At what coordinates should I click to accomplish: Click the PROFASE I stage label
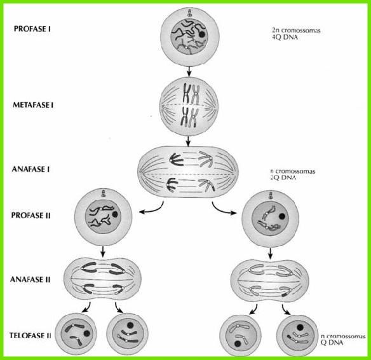pos(32,29)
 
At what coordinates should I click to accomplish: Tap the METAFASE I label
pos(33,105)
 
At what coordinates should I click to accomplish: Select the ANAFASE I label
pos(30,169)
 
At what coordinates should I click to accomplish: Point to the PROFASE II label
pos(30,215)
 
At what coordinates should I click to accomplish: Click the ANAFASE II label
pos(30,279)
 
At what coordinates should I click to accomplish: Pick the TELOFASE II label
pos(30,335)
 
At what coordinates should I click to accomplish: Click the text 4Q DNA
pos(285,37)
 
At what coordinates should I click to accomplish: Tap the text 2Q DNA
pos(283,177)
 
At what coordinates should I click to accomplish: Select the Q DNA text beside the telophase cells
pos(332,342)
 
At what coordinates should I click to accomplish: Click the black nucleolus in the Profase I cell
pos(202,34)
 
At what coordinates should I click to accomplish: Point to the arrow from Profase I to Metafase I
pos(189,71)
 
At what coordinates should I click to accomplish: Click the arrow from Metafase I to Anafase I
pos(188,141)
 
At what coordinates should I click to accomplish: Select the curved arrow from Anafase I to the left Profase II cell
pos(153,209)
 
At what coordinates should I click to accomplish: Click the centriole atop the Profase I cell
pos(189,13)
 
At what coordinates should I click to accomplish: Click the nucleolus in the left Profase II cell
pos(115,214)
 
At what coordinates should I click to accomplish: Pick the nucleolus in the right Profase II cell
pos(281,216)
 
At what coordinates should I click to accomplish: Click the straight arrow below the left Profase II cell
pos(102,251)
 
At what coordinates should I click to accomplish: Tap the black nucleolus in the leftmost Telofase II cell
pos(87,333)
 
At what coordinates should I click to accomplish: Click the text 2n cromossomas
pos(296,31)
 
